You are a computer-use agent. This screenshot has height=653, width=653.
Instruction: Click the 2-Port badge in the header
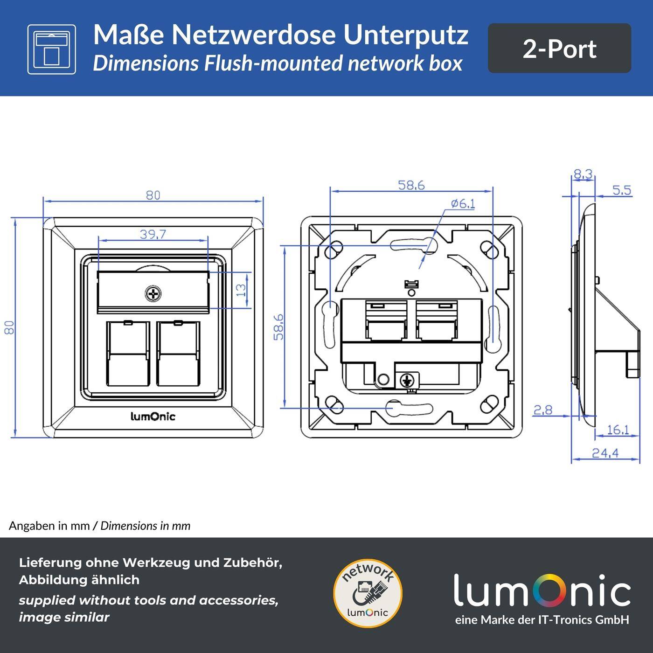(x=559, y=49)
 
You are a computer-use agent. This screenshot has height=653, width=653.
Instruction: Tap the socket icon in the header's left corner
(x=51, y=49)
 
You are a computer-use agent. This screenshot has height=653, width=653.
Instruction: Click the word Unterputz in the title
(x=406, y=35)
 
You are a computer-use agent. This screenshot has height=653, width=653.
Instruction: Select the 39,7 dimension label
(x=153, y=234)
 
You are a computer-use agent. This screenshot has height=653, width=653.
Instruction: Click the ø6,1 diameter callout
(x=462, y=203)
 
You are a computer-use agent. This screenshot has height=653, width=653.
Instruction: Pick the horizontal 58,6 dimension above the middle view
(x=411, y=185)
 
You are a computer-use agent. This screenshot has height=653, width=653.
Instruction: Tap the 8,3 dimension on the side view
(x=583, y=174)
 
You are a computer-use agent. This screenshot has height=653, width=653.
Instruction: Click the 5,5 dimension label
(x=621, y=190)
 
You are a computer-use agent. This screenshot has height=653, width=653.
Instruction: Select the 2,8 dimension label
(x=542, y=410)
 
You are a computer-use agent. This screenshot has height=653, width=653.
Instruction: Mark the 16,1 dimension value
(x=618, y=429)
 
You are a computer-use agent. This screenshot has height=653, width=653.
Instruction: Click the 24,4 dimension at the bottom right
(x=605, y=452)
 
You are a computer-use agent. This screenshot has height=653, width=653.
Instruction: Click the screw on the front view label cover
(x=153, y=294)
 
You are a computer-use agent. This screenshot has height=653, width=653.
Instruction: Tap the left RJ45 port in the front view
(x=127, y=353)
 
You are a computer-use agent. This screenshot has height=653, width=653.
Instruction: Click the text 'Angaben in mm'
(x=49, y=526)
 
